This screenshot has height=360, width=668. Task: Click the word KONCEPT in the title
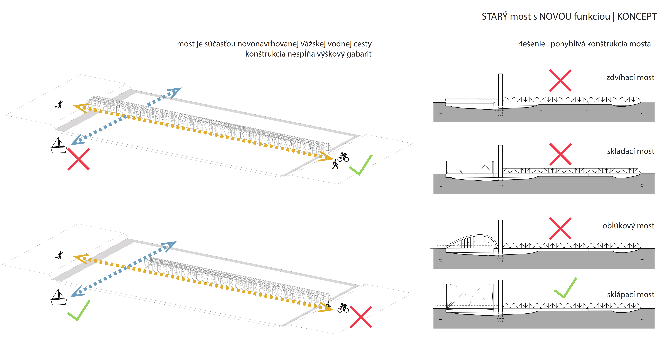point(637,17)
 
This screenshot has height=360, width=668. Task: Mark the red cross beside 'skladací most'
point(560,154)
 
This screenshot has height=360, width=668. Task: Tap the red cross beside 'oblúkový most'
point(560,228)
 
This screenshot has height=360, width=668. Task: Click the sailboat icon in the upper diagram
point(59,146)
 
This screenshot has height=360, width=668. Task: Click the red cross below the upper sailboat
point(79,159)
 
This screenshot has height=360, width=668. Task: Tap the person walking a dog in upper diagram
point(59,104)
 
